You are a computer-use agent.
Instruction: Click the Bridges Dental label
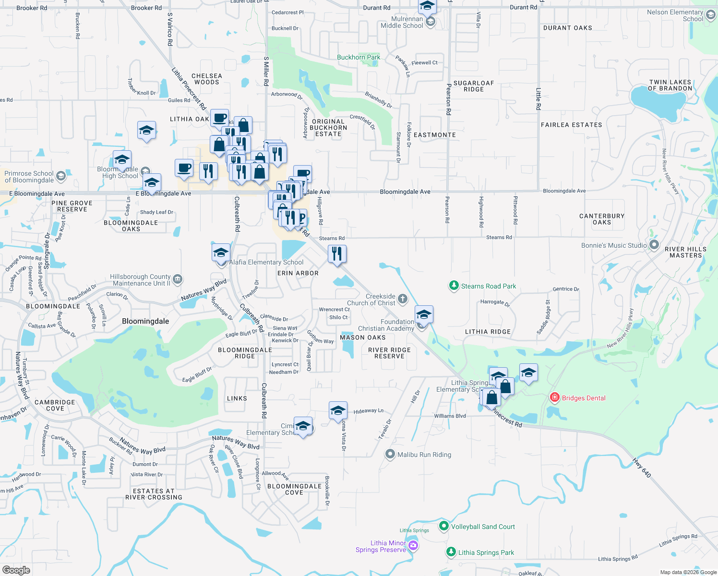[583, 398]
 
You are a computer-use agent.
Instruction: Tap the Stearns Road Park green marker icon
[454, 286]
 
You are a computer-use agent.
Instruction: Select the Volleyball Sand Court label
[483, 527]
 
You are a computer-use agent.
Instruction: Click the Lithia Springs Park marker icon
[451, 552]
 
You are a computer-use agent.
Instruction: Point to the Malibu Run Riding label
[424, 455]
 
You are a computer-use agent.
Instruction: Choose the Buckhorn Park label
[358, 57]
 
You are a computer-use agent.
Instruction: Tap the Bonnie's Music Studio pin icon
[654, 245]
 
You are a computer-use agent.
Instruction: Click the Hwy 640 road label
[642, 468]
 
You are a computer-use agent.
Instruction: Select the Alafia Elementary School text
[266, 262]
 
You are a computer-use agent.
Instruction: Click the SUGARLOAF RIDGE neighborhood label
[474, 86]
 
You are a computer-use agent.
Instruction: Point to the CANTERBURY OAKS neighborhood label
[602, 219]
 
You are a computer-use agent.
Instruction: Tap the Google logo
[16, 570]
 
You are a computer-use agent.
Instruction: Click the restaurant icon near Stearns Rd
[337, 254]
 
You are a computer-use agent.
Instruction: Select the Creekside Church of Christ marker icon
[403, 299]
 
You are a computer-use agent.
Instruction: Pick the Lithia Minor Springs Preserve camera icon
[413, 546]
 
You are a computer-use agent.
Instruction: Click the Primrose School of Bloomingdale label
[29, 177]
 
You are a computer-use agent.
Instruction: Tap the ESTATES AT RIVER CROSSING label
[154, 494]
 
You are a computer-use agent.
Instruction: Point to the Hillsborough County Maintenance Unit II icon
[177, 279]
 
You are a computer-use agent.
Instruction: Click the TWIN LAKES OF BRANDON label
[670, 85]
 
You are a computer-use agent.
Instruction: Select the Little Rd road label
[538, 99]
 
